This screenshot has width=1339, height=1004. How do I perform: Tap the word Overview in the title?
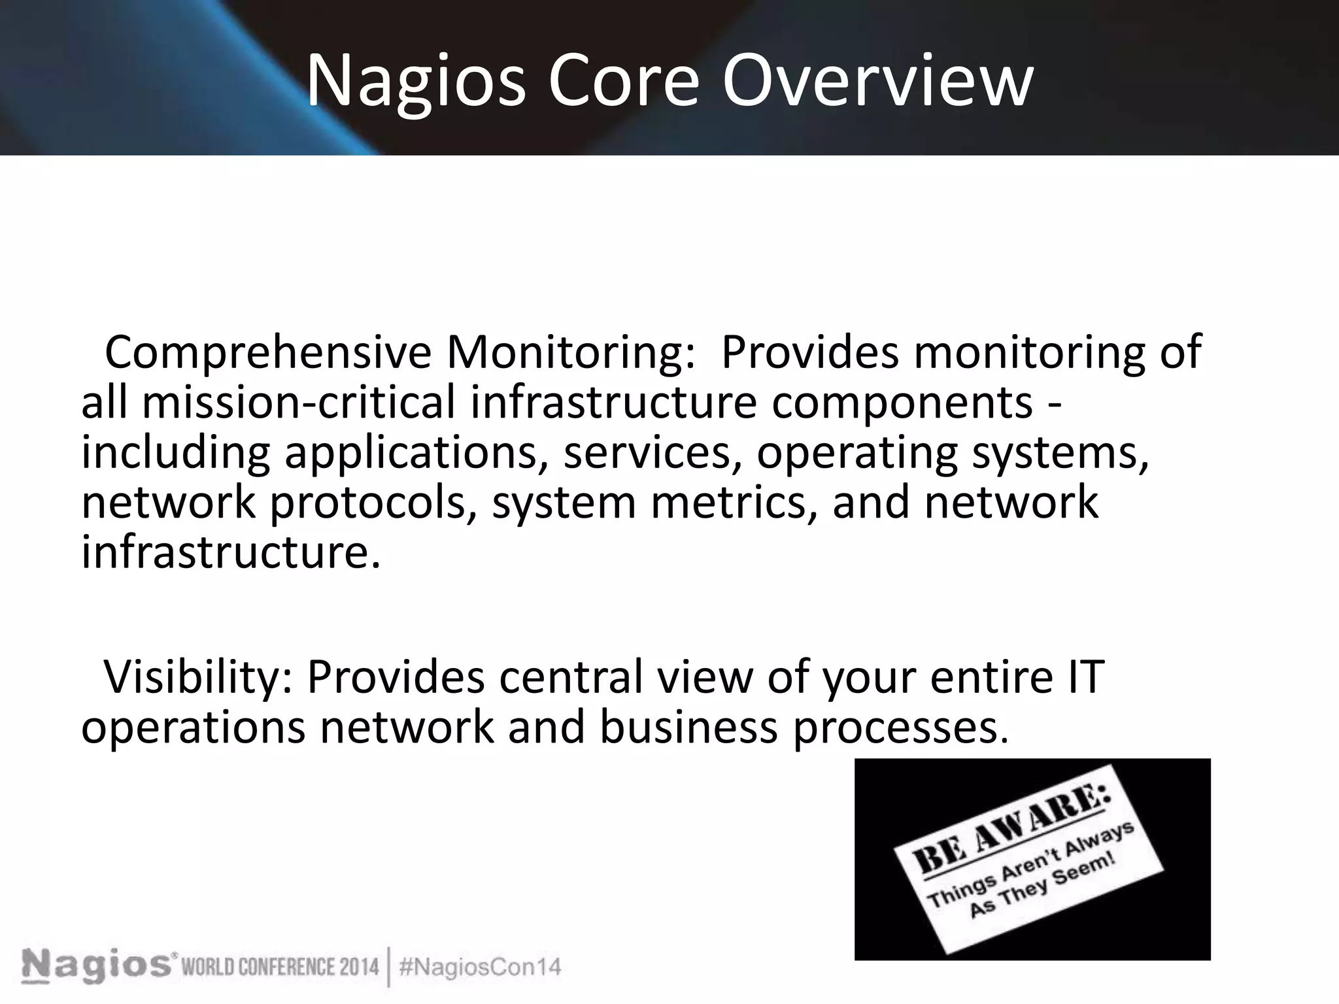click(x=877, y=81)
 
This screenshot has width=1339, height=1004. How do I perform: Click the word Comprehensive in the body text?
click(x=267, y=353)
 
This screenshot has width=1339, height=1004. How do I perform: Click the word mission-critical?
click(x=298, y=402)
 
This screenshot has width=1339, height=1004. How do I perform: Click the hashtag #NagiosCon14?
click(x=480, y=967)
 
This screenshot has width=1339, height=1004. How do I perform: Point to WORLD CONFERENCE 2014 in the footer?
click(x=280, y=967)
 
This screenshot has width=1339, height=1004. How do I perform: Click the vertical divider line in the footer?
click(x=389, y=966)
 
